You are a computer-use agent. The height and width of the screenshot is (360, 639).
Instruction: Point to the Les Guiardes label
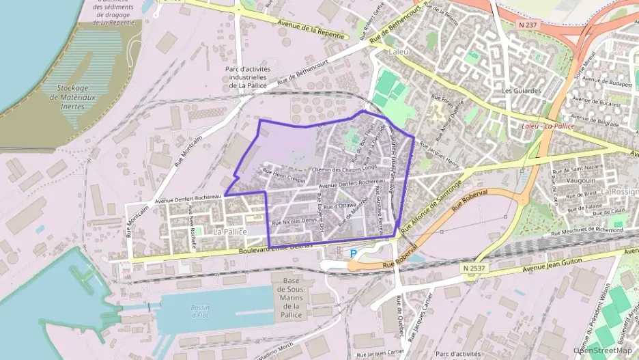point(521,90)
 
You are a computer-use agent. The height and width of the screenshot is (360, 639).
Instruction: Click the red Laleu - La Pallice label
point(547,126)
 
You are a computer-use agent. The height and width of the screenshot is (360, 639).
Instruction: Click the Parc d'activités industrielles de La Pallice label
point(248,77)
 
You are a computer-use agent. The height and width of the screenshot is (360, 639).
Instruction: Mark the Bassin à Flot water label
point(200,311)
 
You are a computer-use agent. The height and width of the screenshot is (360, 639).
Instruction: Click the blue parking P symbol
point(353,253)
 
